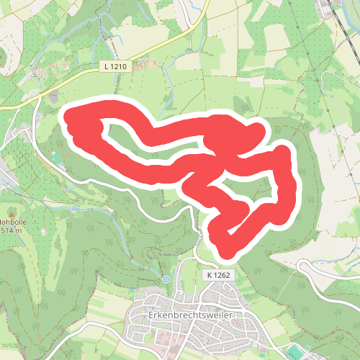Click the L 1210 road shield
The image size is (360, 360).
(115, 66)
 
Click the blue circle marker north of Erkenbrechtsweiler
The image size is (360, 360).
(166, 279)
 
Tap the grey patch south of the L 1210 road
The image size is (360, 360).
(53, 94)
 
